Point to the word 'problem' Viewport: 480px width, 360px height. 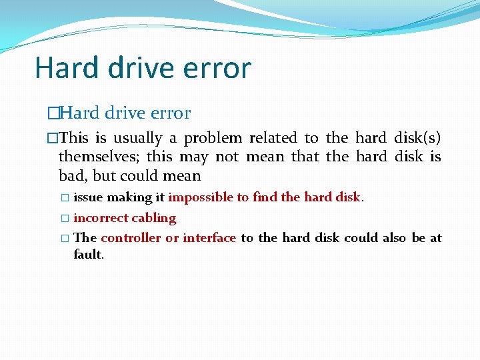[213, 139]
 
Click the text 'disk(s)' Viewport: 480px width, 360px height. [417, 139]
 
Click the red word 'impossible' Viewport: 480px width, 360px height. [201, 197]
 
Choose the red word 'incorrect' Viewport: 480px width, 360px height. [101, 218]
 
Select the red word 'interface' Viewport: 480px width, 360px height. [209, 238]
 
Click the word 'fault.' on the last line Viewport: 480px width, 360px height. [88, 254]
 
